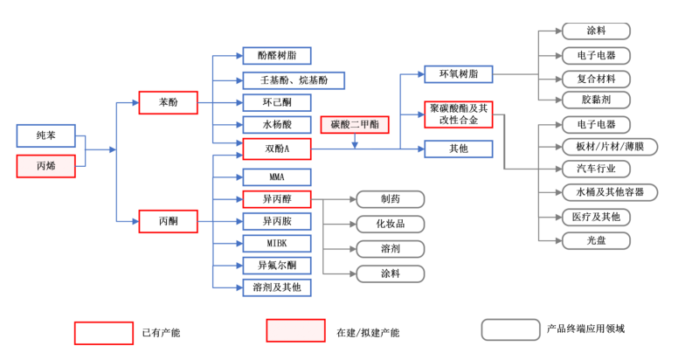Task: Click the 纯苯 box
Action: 45,135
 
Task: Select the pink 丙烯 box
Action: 45,165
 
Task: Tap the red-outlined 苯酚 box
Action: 168,102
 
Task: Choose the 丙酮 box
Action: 168,221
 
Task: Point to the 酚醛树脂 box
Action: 276,56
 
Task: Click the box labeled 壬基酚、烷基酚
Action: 293,80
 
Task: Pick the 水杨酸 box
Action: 276,125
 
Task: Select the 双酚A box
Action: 276,149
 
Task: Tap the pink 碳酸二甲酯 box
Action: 355,125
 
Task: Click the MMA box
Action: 276,177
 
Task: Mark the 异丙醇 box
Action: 276,199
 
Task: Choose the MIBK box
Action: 276,243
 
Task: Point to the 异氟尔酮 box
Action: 276,265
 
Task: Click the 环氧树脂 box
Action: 458,74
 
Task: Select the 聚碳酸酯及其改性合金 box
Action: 458,114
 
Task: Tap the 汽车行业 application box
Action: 596,169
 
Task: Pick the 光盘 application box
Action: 596,240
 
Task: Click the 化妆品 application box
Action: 390,224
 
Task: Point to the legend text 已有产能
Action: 161,333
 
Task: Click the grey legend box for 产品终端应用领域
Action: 510,329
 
